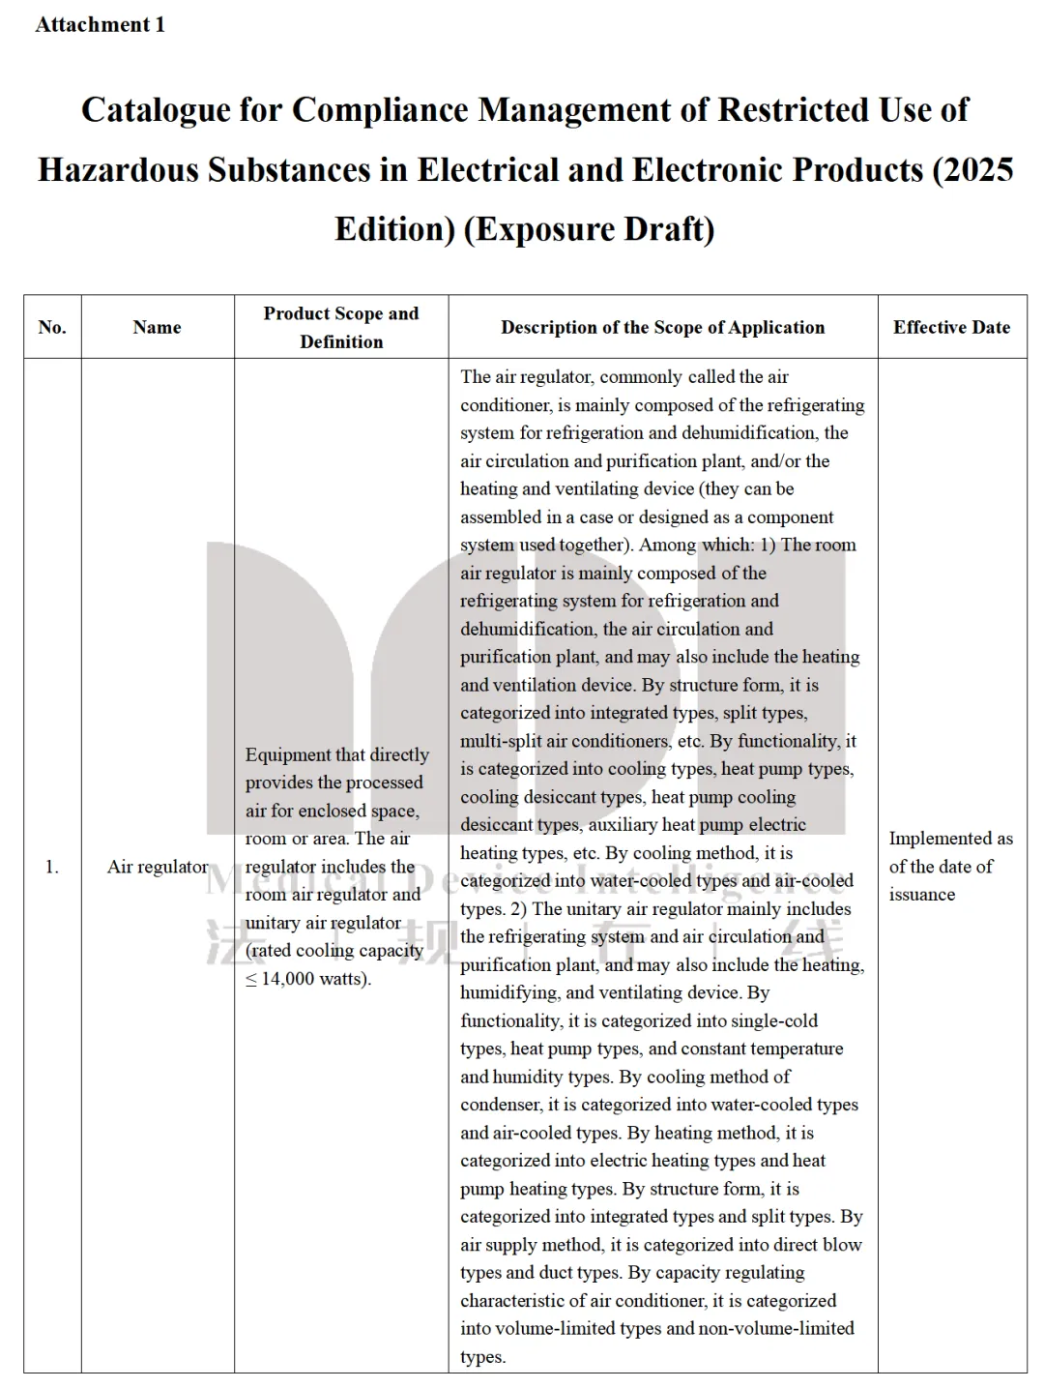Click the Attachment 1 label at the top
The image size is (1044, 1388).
pos(100,25)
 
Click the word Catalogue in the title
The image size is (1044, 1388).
pos(155,110)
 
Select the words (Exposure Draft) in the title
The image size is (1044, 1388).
pos(590,229)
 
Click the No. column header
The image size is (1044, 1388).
pos(52,327)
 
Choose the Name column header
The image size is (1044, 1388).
pos(157,327)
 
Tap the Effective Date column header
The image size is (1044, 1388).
pos(951,327)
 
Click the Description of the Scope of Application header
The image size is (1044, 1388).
pos(662,327)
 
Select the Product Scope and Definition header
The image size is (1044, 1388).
pos(341,327)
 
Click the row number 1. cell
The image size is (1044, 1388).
pos(52,867)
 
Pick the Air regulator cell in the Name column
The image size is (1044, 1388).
pos(157,867)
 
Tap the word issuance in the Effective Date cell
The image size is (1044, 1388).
pos(922,895)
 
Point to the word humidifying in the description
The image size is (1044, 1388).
pos(508,993)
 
